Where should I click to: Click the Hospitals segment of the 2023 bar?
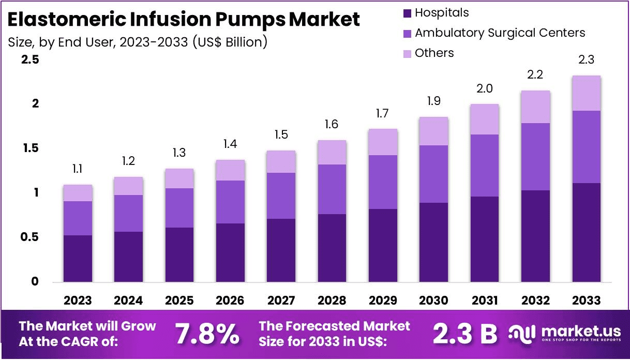[78, 259]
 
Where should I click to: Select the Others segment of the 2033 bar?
[586, 93]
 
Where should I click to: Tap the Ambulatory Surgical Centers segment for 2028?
[332, 189]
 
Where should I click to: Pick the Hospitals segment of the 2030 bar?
[433, 242]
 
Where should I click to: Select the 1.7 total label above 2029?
[383, 114]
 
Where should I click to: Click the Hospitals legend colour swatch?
[407, 13]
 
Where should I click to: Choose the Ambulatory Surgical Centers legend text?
[500, 33]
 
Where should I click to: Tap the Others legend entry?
[434, 53]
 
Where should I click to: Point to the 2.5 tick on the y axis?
[30, 60]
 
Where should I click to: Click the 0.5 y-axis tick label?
[30, 237]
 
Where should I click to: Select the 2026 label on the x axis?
[230, 301]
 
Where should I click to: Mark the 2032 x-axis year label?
[535, 301]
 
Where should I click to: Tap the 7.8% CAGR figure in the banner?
[207, 334]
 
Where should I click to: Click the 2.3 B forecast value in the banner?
[463, 334]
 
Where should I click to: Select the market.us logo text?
[574, 331]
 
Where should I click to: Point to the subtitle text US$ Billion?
[229, 42]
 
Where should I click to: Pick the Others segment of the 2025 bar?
[179, 178]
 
